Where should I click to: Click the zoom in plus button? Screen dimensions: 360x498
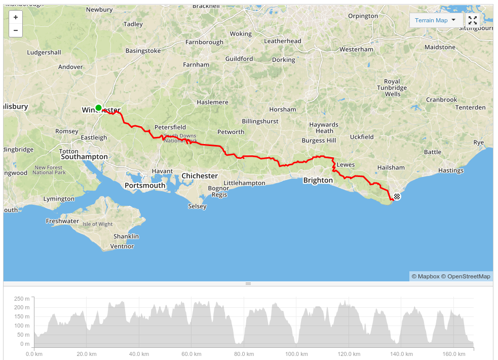[x=16, y=17]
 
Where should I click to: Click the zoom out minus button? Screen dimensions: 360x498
[x=16, y=30]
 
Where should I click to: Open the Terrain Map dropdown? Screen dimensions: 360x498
[x=436, y=20]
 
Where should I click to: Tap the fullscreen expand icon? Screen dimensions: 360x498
[x=473, y=20]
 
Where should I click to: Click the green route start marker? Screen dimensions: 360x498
[x=98, y=107]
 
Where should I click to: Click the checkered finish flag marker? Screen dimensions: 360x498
[x=397, y=196]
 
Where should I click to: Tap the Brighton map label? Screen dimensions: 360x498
[x=318, y=181]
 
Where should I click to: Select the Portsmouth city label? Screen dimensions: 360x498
[x=145, y=186]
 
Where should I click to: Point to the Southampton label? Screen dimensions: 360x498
[x=84, y=157]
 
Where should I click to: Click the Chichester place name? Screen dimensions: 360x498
[x=200, y=176]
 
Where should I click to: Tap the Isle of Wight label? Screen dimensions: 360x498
[x=98, y=224]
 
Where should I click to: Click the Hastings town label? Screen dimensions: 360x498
[x=450, y=170]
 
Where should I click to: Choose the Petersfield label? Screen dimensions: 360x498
[x=170, y=127]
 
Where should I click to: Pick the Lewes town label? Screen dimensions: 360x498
[x=346, y=165]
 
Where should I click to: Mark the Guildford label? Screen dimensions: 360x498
[x=239, y=59]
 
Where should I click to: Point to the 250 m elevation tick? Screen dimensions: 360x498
[x=22, y=298]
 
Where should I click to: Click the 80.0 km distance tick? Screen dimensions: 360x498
[x=244, y=354]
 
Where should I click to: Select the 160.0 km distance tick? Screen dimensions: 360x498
[x=453, y=354]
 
